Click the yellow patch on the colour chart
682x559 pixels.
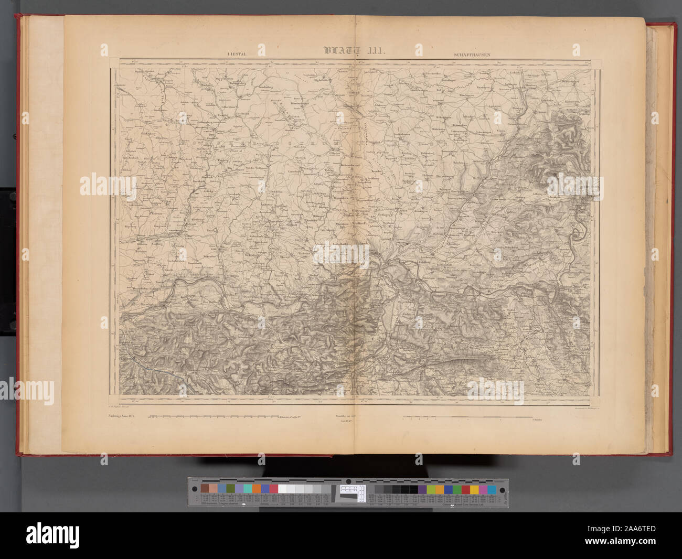point(474,489)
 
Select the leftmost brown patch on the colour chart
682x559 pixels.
point(205,489)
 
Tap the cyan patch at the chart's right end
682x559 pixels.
point(491,489)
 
